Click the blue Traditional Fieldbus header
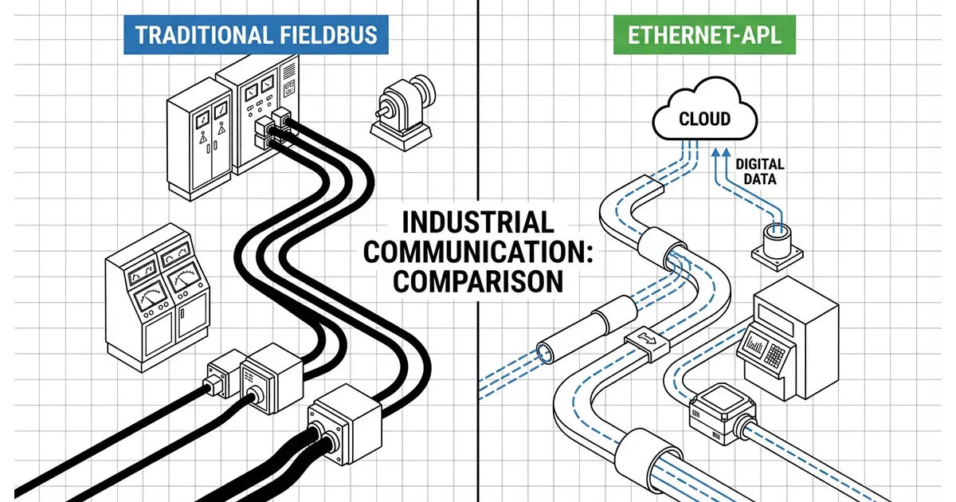[x=250, y=35]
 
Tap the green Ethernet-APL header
[x=703, y=35]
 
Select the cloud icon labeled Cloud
[x=704, y=119]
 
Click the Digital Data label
[x=759, y=172]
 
